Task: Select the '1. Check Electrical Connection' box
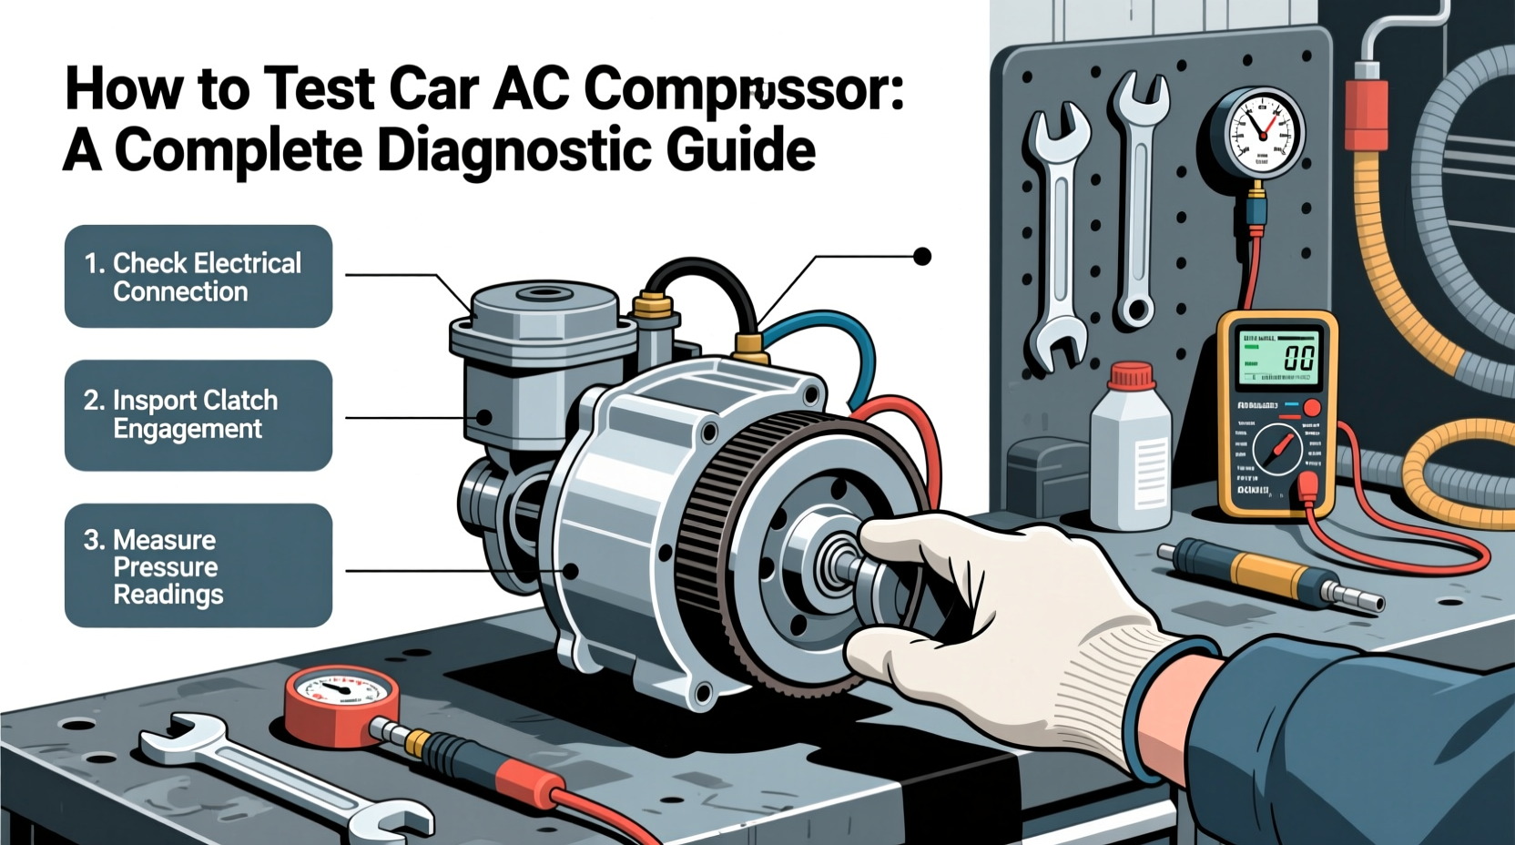pos(198,277)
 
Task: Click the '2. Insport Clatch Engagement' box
pos(198,415)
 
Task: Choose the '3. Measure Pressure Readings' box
pos(198,565)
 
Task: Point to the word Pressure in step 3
pos(166,567)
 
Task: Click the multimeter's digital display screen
pos(1279,356)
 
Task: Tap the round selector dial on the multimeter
pos(1277,449)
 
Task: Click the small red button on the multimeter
pos(1312,407)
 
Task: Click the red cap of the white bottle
pos(1132,374)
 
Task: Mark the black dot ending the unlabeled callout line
pos(922,257)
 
